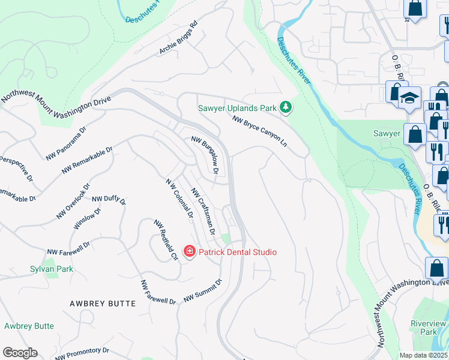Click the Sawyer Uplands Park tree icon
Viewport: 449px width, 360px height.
click(286, 108)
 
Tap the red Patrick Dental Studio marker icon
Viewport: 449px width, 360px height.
click(189, 251)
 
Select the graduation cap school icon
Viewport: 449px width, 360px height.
click(410, 98)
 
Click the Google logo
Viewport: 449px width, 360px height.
click(20, 353)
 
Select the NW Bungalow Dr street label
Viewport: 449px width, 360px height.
click(205, 155)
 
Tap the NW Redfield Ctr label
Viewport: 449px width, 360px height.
click(166, 240)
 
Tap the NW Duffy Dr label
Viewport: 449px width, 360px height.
click(109, 200)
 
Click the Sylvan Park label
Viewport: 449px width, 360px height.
click(52, 269)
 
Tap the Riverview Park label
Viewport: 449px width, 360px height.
click(428, 328)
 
